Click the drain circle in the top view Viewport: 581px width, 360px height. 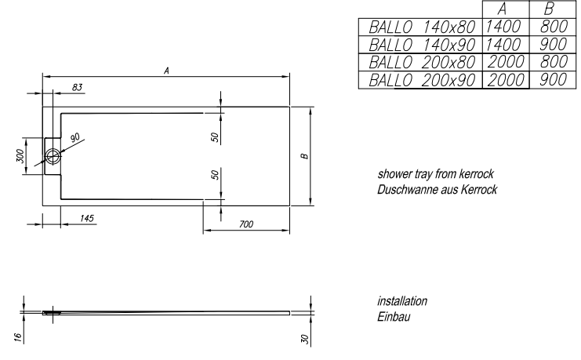point(53,155)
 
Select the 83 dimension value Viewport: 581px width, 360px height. point(77,86)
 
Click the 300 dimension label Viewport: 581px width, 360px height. point(20,156)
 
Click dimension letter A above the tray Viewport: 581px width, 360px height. point(166,70)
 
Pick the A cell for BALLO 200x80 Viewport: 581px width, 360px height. point(504,62)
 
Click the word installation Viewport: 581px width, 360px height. point(402,302)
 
